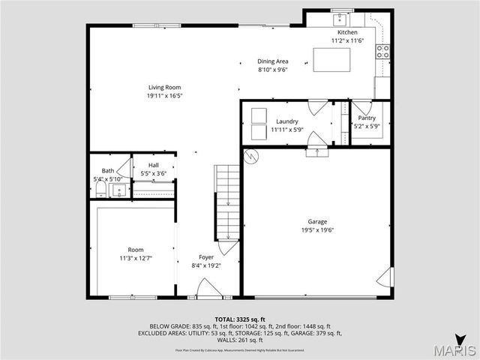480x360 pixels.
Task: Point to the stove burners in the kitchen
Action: coord(382,52)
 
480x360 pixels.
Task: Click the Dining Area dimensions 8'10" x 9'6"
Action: coord(273,70)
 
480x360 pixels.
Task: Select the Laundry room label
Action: coord(287,121)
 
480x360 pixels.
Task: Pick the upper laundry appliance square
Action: coord(258,114)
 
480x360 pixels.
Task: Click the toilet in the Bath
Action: coord(100,190)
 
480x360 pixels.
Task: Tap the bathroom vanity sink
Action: coord(118,190)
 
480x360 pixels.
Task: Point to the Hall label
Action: coord(153,165)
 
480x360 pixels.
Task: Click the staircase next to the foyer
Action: coord(227,201)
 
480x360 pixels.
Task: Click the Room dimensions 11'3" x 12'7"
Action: coord(136,258)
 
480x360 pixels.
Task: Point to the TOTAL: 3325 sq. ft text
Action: coord(239,319)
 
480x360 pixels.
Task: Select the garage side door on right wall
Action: coord(385,277)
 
